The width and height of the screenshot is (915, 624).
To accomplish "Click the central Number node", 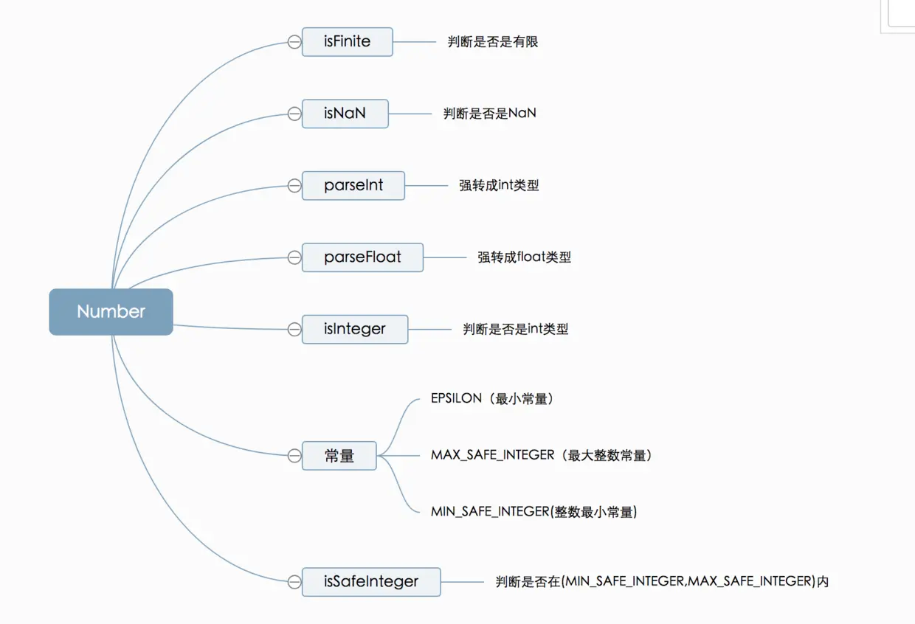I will [111, 312].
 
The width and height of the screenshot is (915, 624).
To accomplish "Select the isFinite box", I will [347, 42].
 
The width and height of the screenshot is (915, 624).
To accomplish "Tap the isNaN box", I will [345, 114].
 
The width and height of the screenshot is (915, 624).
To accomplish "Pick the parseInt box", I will [353, 186].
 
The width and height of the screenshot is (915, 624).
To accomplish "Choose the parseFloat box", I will [362, 257].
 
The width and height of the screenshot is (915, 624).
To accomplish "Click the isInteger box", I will [354, 329].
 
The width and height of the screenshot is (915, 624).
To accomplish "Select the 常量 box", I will [339, 456].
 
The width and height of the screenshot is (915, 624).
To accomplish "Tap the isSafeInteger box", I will [371, 582].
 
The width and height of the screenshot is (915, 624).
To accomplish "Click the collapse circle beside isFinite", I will [294, 42].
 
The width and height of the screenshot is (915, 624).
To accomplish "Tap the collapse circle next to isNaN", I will [294, 114].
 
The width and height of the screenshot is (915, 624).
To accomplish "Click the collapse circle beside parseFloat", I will [294, 257].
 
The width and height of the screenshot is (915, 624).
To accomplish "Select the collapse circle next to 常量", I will [294, 456].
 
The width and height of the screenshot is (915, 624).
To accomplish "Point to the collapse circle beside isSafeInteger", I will [294, 582].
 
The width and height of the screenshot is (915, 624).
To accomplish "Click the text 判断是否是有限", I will [493, 42].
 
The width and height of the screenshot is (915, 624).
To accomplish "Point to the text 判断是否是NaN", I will [490, 114].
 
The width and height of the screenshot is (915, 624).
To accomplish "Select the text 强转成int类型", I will [499, 186].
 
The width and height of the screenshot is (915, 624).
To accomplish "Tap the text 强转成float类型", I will [524, 257].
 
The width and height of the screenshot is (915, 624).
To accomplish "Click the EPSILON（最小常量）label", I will [492, 399].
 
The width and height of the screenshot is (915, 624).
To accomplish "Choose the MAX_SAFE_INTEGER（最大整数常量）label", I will [542, 456].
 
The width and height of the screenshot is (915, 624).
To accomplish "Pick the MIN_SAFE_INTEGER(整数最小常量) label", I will [534, 512].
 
